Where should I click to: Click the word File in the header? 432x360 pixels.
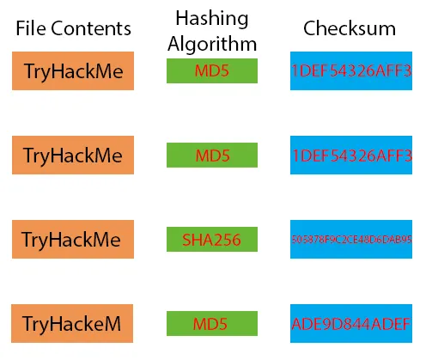(x=32, y=28)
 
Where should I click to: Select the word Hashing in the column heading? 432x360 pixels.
(x=211, y=17)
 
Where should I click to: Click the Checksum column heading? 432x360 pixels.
(x=350, y=28)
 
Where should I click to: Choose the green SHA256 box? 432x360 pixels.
(x=212, y=240)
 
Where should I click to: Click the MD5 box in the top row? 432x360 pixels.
(x=212, y=71)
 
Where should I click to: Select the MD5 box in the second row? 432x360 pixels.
(x=212, y=156)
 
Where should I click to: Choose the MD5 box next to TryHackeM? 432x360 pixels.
(x=212, y=324)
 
